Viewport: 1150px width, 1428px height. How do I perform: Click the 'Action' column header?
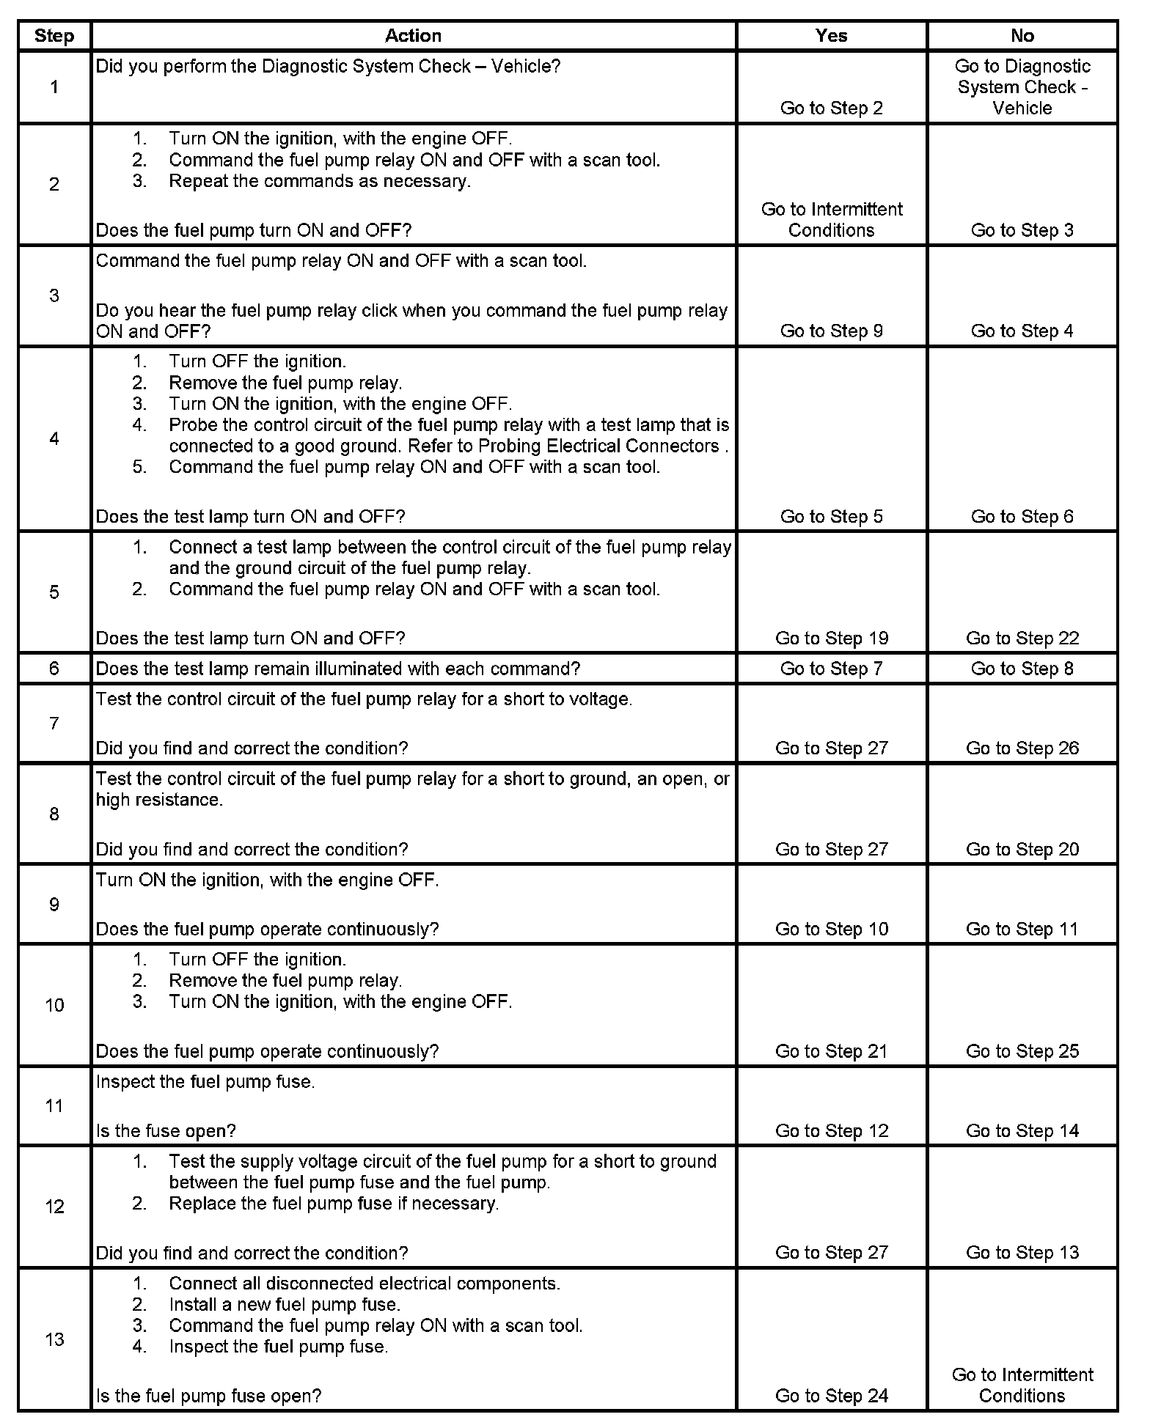click(413, 36)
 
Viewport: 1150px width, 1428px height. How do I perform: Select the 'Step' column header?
click(54, 36)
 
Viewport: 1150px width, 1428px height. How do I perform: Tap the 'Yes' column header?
click(831, 36)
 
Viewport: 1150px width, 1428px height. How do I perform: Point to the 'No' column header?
click(1022, 36)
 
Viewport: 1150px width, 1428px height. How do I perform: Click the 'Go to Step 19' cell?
click(832, 638)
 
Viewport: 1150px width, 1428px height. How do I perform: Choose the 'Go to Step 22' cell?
click(1022, 638)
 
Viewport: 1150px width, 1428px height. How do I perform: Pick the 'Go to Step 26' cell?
click(1022, 748)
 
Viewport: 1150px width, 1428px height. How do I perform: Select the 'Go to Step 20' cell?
click(1022, 850)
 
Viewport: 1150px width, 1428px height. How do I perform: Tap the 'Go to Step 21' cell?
click(832, 1052)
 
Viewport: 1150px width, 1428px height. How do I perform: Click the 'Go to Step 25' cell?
click(1022, 1052)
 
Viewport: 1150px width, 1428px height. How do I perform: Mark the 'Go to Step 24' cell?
click(832, 1396)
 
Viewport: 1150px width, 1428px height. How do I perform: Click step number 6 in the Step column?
click(54, 669)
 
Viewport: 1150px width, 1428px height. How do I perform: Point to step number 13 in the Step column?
click(54, 1339)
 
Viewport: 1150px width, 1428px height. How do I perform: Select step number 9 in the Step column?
click(54, 905)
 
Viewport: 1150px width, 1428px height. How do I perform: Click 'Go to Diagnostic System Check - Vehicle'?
click(1022, 87)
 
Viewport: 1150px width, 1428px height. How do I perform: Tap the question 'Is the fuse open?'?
click(166, 1131)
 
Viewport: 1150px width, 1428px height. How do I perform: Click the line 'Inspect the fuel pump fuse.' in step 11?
click(205, 1082)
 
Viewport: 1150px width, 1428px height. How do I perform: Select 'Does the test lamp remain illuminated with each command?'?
click(338, 669)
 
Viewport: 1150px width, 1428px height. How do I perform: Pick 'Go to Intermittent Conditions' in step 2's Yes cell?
click(832, 220)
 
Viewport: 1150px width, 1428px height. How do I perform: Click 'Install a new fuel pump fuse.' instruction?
click(285, 1305)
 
